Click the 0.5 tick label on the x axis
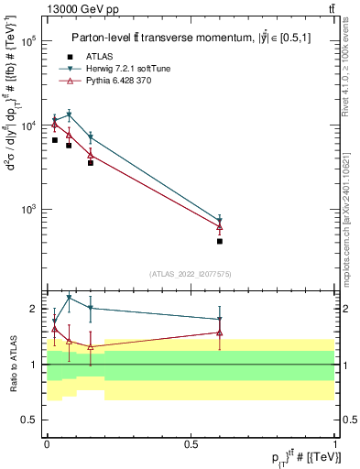click(191, 442)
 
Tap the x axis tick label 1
click(335, 442)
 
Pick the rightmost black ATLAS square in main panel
click(220, 242)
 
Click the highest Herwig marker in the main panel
click(69, 115)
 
